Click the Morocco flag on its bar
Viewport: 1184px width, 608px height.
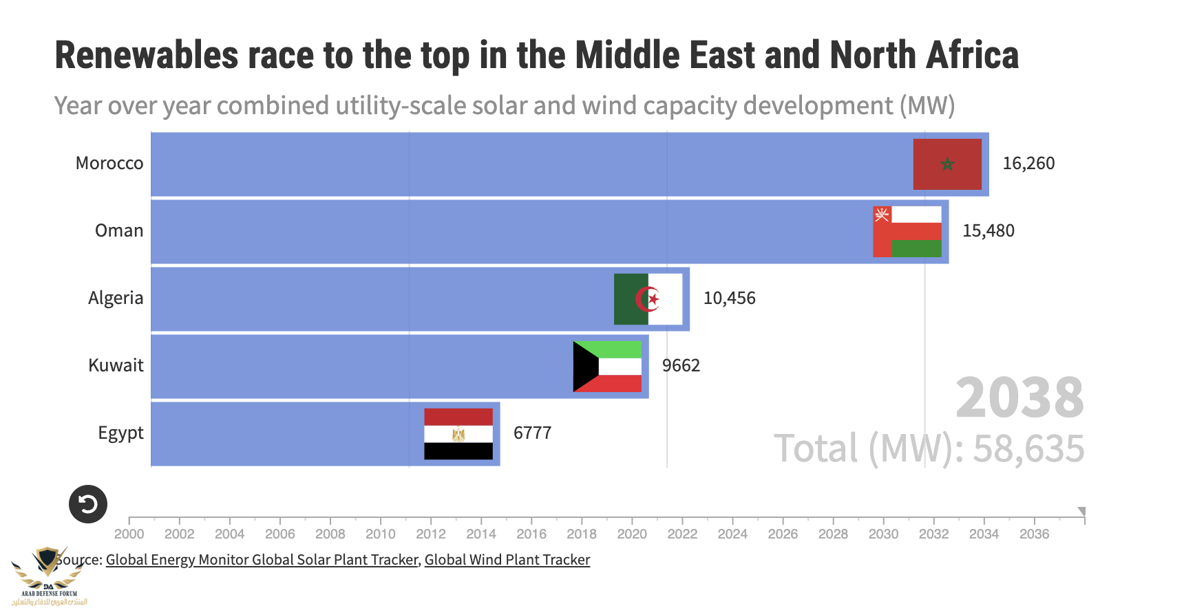(947, 164)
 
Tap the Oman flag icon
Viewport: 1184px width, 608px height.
(907, 232)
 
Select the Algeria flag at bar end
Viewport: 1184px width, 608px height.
(648, 299)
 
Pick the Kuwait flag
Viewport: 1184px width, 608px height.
(607, 367)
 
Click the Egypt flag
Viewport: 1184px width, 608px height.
(458, 433)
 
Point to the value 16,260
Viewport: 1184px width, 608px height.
(1028, 164)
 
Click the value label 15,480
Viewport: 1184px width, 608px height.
(989, 231)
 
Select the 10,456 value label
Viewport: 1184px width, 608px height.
(729, 298)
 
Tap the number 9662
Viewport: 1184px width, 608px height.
(681, 366)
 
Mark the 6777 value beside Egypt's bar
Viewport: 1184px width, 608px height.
(532, 433)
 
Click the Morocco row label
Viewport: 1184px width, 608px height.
(109, 164)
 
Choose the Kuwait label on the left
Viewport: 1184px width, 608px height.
(116, 366)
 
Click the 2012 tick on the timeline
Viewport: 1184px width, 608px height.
(431, 534)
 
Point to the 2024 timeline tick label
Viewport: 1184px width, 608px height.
(732, 534)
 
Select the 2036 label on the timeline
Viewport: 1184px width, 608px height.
(1034, 534)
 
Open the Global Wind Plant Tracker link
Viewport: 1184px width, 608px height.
(507, 560)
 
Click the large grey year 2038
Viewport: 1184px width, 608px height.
(1019, 398)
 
